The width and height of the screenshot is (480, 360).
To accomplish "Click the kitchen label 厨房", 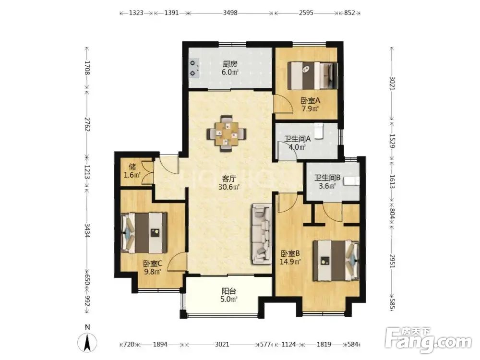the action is (230, 64).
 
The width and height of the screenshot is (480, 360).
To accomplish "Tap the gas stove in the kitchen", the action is (194, 68).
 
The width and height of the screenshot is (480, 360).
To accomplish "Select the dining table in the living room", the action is (227, 133).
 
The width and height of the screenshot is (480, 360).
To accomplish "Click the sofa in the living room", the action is (262, 234).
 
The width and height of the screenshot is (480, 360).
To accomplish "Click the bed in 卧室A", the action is (313, 76).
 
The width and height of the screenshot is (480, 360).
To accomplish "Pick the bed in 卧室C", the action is (144, 233).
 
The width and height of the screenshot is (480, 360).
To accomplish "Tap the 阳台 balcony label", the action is (228, 291).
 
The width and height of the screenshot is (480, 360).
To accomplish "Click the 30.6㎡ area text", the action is (228, 187).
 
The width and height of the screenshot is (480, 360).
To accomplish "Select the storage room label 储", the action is (132, 167).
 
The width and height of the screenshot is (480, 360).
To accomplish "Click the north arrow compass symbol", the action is (87, 340).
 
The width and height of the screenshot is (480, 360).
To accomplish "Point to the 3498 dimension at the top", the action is (230, 13).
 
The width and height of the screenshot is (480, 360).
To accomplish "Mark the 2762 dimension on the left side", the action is (87, 124).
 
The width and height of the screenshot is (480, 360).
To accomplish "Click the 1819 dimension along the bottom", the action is (324, 344).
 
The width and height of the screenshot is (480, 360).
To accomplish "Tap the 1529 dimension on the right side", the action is (392, 141).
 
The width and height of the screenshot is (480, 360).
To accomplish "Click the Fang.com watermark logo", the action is (429, 340).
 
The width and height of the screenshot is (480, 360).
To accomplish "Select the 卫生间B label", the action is (327, 178).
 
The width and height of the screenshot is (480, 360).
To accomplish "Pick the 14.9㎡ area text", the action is (290, 262).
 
